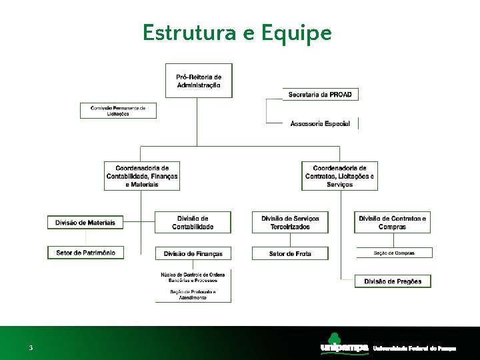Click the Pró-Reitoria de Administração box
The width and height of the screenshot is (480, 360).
pyautogui.click(x=199, y=81)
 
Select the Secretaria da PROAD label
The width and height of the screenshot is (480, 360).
pyautogui.click(x=320, y=95)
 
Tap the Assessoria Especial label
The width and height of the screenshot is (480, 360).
pyautogui.click(x=320, y=123)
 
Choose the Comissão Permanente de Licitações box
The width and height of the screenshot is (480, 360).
pyautogui.click(x=118, y=110)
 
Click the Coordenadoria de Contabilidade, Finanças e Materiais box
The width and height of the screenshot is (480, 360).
pyautogui.click(x=142, y=176)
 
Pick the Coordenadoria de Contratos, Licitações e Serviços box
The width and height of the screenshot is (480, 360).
pyautogui.click(x=339, y=176)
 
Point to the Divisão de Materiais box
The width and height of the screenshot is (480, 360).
pyautogui.click(x=85, y=222)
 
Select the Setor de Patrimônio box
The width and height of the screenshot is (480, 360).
pyautogui.click(x=85, y=253)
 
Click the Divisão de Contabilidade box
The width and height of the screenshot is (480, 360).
pyautogui.click(x=193, y=223)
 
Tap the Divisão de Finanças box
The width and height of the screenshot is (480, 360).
pyautogui.click(x=193, y=253)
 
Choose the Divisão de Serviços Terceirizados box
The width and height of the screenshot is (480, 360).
pyautogui.click(x=290, y=223)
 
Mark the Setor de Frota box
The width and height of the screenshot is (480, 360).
pyautogui.click(x=290, y=253)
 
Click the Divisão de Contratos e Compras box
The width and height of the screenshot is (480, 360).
pyautogui.click(x=393, y=223)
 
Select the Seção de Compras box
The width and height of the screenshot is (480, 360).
pyautogui.click(x=394, y=253)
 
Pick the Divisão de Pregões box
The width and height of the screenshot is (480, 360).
pyautogui.click(x=393, y=281)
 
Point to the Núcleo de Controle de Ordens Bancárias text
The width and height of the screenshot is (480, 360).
pyautogui.click(x=193, y=277)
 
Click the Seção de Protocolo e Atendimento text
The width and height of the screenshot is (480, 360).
pyautogui.click(x=193, y=294)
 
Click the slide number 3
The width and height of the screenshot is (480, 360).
pyautogui.click(x=31, y=348)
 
